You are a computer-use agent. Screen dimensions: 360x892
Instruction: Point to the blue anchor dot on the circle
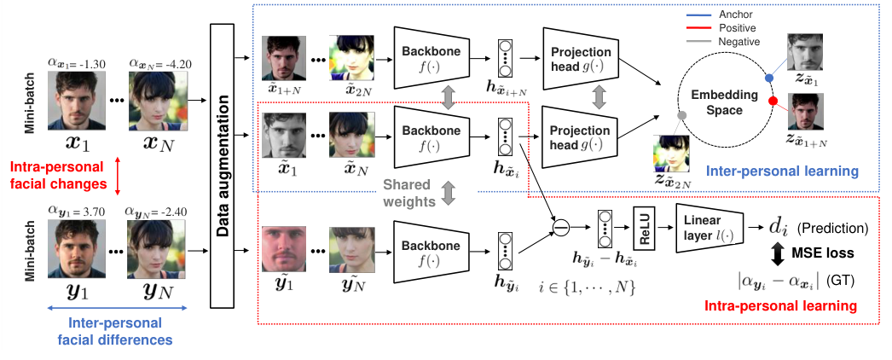click(x=768, y=78)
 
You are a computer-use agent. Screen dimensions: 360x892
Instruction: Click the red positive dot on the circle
click(x=773, y=102)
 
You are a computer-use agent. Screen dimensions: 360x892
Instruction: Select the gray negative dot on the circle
click(x=681, y=114)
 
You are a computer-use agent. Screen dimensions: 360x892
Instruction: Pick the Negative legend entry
click(x=735, y=40)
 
